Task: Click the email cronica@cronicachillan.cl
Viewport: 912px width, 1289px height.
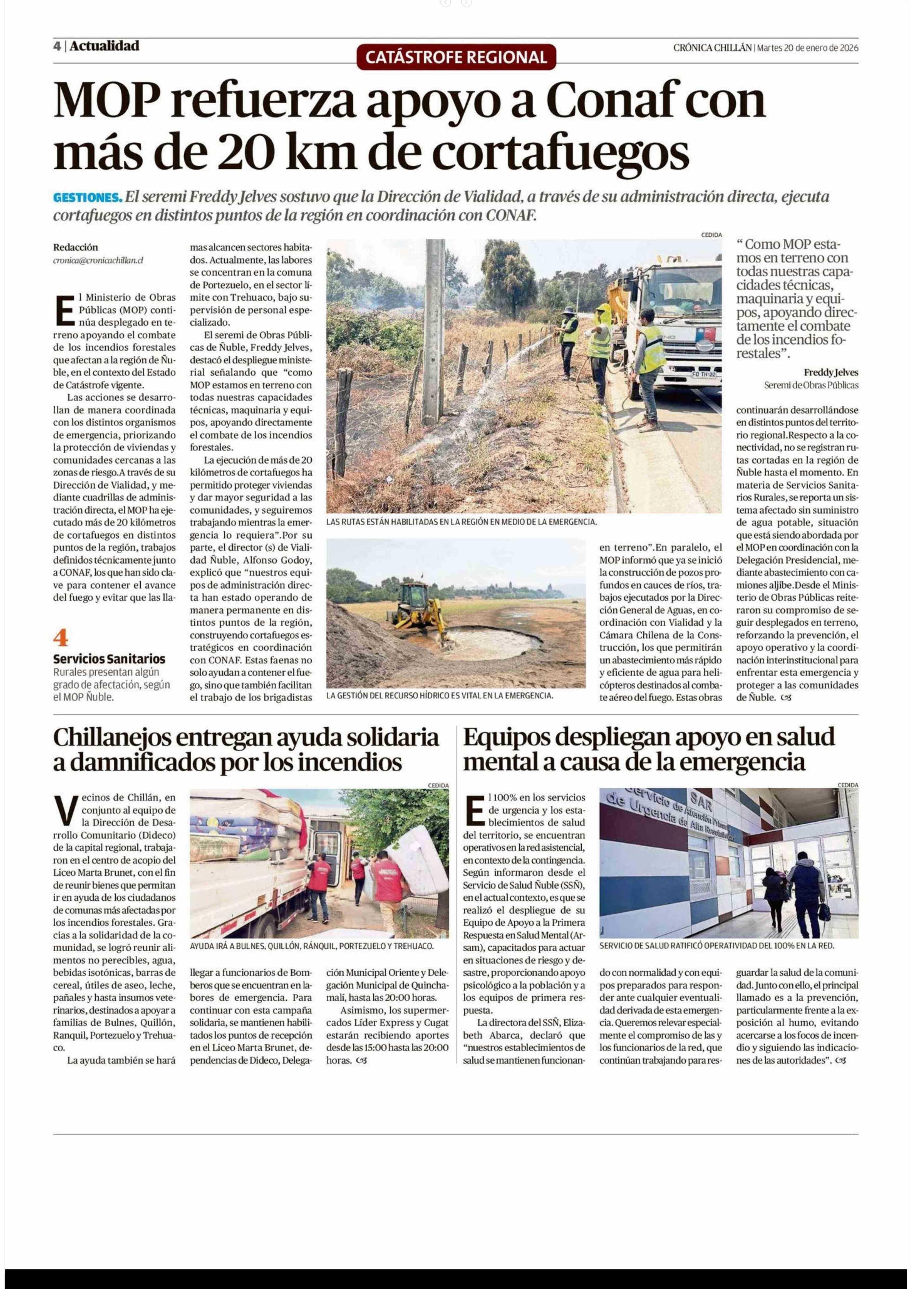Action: point(98,260)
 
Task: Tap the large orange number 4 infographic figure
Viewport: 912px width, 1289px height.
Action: point(61,638)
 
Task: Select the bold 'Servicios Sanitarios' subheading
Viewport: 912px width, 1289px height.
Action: point(109,658)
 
